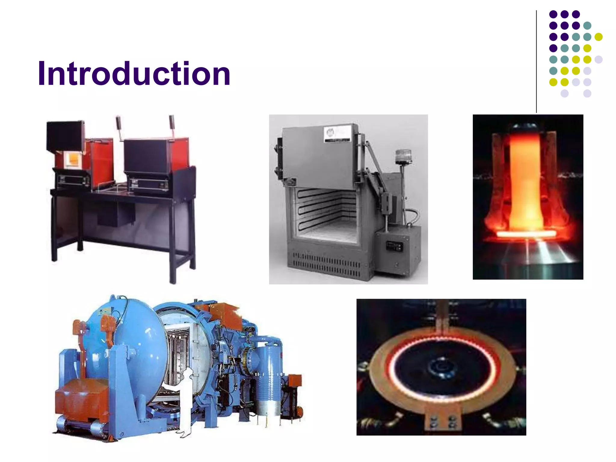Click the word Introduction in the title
(x=134, y=74)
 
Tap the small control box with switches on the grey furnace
(x=394, y=246)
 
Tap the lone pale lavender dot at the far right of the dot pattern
(x=599, y=60)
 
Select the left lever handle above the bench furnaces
(x=119, y=123)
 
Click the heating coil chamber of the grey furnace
(x=323, y=211)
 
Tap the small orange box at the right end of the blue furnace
(x=295, y=380)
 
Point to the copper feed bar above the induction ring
(x=442, y=316)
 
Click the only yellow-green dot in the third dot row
(x=599, y=37)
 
